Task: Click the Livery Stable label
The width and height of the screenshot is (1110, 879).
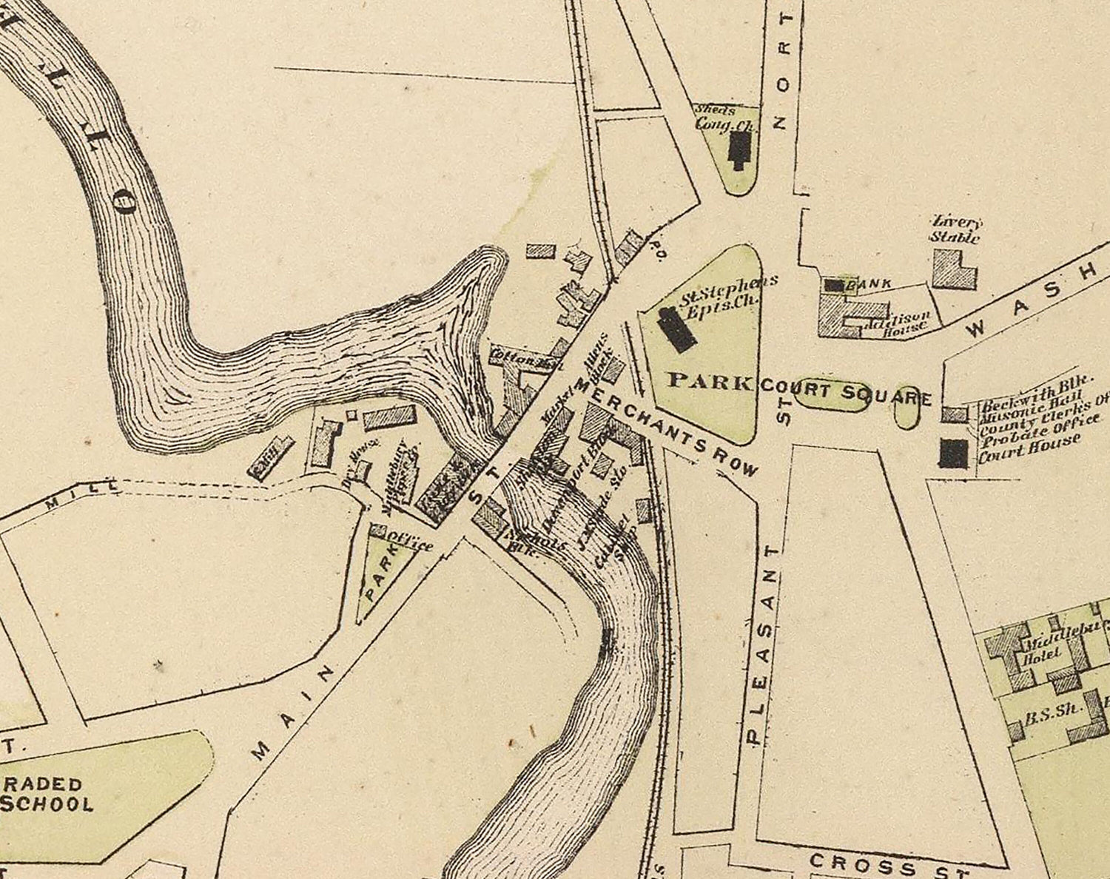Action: [x=955, y=230]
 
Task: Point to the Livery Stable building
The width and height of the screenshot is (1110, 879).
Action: [x=952, y=268]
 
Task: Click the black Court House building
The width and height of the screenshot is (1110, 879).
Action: [x=953, y=452]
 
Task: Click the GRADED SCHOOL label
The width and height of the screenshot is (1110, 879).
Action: [x=48, y=794]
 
